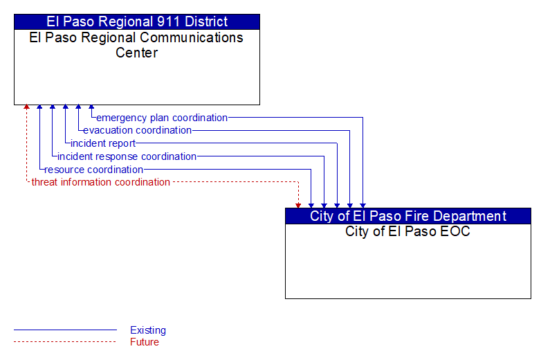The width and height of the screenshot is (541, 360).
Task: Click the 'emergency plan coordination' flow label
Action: (162, 118)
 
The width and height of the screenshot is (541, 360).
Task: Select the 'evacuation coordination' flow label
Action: (137, 130)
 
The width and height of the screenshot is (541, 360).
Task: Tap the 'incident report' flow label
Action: (103, 143)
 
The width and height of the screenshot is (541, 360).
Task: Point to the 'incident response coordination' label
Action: (127, 156)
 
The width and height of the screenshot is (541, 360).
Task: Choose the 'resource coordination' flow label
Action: (94, 170)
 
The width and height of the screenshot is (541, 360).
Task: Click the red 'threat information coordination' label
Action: (101, 182)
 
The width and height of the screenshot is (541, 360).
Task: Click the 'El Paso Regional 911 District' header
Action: (137, 21)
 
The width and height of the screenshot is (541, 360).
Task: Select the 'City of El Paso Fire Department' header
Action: (407, 216)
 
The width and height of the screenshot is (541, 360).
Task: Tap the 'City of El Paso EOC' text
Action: (407, 231)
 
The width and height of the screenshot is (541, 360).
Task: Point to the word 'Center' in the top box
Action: (136, 53)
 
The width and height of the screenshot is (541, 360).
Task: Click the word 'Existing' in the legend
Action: (148, 330)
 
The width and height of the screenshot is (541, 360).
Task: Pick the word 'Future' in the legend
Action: (145, 342)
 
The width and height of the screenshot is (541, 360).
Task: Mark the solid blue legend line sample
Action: (65, 330)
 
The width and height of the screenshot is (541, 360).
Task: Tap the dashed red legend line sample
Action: (65, 342)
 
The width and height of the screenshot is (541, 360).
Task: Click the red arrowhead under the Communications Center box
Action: (26, 107)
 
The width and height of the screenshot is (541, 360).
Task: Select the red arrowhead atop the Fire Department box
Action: (298, 206)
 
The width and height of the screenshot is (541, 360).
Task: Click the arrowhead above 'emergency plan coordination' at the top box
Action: (91, 107)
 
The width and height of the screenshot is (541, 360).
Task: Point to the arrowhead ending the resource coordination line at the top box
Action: (39, 107)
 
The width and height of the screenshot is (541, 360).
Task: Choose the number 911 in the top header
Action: (169, 21)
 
